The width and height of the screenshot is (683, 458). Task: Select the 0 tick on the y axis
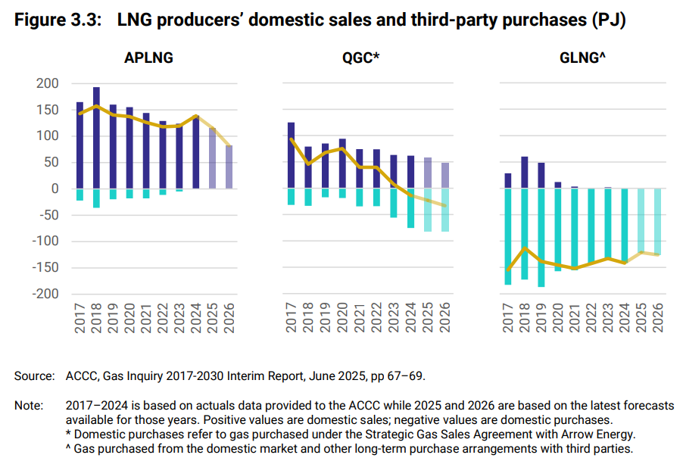[55, 188]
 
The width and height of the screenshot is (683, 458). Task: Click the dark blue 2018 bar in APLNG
[96, 137]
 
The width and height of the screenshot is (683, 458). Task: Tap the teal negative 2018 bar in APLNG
[96, 198]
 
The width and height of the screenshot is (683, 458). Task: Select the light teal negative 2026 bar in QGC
[445, 210]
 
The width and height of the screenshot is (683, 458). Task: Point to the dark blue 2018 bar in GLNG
[524, 173]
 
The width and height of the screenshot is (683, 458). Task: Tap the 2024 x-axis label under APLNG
[196, 317]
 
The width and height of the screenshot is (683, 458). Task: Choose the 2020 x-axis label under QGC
[341, 317]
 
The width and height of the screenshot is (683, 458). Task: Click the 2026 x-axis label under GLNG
[657, 317]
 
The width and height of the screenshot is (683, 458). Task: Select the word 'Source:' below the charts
[34, 375]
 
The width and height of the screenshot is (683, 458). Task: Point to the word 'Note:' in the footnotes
[29, 406]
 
